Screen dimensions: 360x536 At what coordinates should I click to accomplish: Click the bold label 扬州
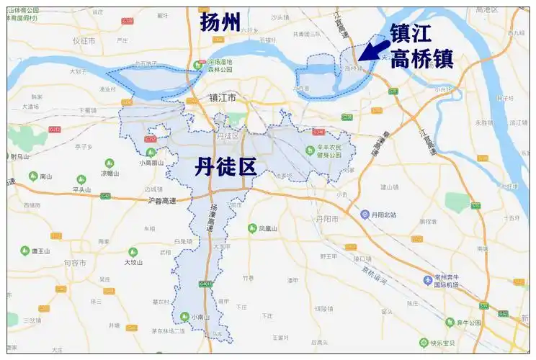coord(220,22)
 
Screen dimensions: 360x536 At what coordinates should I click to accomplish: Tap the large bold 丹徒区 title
coord(225,168)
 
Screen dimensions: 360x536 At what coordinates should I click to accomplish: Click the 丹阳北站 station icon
coord(365,215)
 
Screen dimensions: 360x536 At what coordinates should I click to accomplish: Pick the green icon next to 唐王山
coord(25,251)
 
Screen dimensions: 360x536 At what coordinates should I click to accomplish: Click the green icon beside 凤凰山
coord(252,228)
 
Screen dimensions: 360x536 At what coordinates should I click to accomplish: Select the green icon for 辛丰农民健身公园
coord(308,150)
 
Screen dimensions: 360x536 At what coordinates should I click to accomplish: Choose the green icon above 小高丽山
coord(151,153)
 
